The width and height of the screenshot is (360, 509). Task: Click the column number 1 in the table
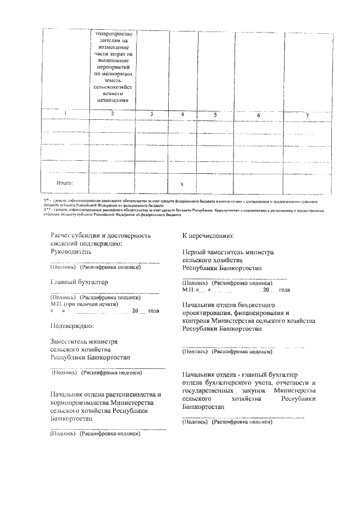(65, 114)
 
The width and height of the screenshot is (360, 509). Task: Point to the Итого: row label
(65, 183)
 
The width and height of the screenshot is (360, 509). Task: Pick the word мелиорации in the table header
(112, 73)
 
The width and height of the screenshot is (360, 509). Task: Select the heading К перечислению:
(208, 236)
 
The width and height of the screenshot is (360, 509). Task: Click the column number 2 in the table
(112, 114)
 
